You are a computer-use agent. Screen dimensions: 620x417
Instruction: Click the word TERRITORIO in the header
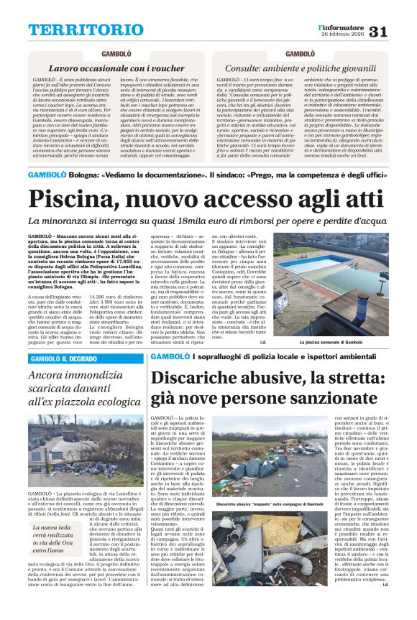(76, 30)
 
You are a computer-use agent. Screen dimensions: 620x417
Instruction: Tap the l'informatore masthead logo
(341, 27)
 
